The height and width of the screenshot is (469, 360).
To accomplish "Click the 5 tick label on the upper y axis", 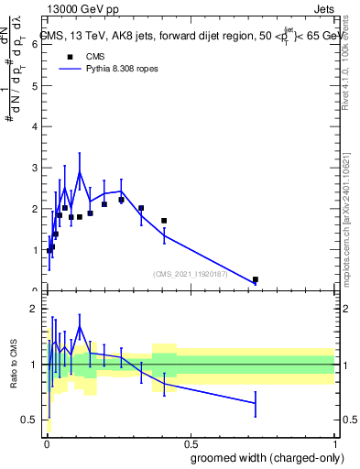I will click(x=35, y=85).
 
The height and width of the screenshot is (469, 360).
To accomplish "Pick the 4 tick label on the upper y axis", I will click(x=35, y=126).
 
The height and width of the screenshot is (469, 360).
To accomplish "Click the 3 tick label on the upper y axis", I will click(x=35, y=168).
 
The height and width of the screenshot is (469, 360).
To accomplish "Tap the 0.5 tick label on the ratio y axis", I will click(x=30, y=420).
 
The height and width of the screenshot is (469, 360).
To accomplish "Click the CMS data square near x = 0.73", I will click(x=255, y=279).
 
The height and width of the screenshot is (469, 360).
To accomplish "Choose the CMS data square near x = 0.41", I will click(x=164, y=221).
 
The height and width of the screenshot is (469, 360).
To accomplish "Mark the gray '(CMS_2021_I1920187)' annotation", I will click(x=191, y=273).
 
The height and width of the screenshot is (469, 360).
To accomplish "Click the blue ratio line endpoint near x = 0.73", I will click(x=255, y=403).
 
